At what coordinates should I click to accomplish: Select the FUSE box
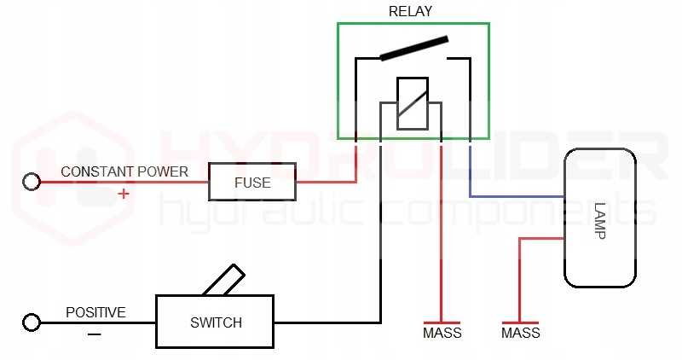pos(252,183)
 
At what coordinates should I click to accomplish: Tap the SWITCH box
pos(216,322)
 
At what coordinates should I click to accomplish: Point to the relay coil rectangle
pos(413,102)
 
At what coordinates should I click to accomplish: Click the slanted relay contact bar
pos(413,48)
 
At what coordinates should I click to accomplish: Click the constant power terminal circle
pos(32,182)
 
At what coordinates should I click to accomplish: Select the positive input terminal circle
pos(32,322)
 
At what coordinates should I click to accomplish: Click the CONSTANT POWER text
pos(124,171)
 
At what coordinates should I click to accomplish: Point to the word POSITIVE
pos(95,312)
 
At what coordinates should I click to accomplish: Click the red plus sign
pos(124,194)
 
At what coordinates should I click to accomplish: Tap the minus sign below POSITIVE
pos(94,334)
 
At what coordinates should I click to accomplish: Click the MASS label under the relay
pos(442,333)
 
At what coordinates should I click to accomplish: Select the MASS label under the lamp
pos(520,333)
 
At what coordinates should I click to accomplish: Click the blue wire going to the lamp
pos(511,197)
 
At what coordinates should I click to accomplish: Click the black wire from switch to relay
pos(380,256)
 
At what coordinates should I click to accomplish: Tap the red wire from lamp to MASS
pos(519,273)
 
